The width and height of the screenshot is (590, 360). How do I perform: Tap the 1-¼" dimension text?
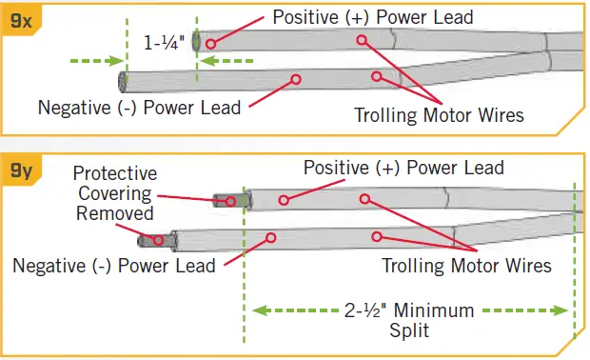(164, 43)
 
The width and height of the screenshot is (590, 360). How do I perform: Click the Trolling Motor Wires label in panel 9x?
(440, 116)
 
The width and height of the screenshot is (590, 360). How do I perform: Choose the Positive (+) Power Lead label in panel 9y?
(403, 168)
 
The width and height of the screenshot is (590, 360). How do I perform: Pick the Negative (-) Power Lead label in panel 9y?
(114, 265)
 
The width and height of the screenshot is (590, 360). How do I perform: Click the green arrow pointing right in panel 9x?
(95, 61)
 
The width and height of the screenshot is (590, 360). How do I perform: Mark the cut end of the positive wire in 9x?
(196, 42)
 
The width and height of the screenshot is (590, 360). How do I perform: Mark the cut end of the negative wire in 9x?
(122, 81)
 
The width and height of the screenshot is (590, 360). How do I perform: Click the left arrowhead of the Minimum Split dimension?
(259, 310)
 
